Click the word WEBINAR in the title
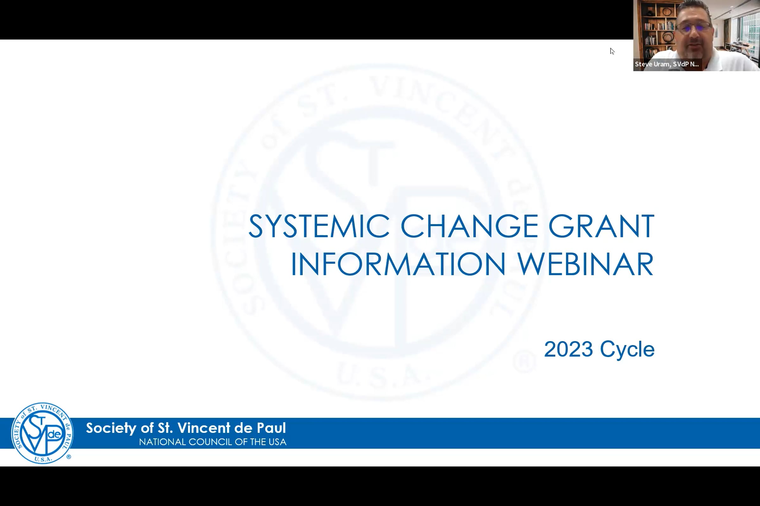click(x=586, y=264)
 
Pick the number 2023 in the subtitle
click(x=568, y=349)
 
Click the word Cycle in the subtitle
click(x=627, y=350)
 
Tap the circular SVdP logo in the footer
click(x=42, y=433)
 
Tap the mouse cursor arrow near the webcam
click(x=611, y=51)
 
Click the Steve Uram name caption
click(x=667, y=64)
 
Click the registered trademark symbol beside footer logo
click(x=68, y=457)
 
